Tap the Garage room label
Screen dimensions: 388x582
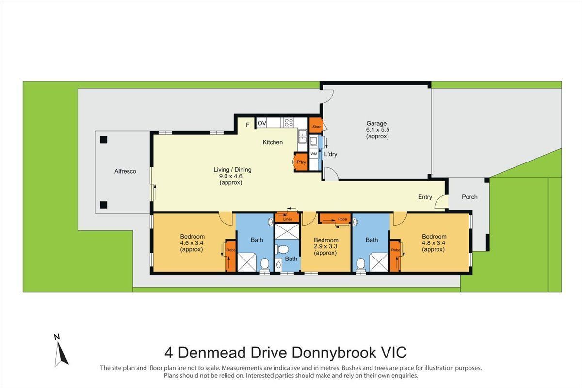(x=377, y=123)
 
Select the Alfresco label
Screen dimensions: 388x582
(x=125, y=171)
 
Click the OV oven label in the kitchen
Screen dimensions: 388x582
(x=262, y=124)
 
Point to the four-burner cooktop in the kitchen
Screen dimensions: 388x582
(x=289, y=123)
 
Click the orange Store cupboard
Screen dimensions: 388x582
(x=316, y=126)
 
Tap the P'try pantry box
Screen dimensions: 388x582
(x=301, y=162)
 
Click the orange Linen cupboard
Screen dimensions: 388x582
(x=288, y=218)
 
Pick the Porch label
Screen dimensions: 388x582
(x=469, y=197)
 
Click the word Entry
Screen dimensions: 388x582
(x=425, y=197)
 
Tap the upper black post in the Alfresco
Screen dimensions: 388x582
(x=103, y=140)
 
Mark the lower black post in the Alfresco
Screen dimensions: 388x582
(x=103, y=205)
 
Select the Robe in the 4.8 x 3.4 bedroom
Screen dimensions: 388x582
(x=395, y=255)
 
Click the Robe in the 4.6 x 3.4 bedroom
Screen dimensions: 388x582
(x=230, y=255)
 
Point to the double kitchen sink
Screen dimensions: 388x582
(x=302, y=137)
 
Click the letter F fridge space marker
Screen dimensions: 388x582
(x=247, y=125)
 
